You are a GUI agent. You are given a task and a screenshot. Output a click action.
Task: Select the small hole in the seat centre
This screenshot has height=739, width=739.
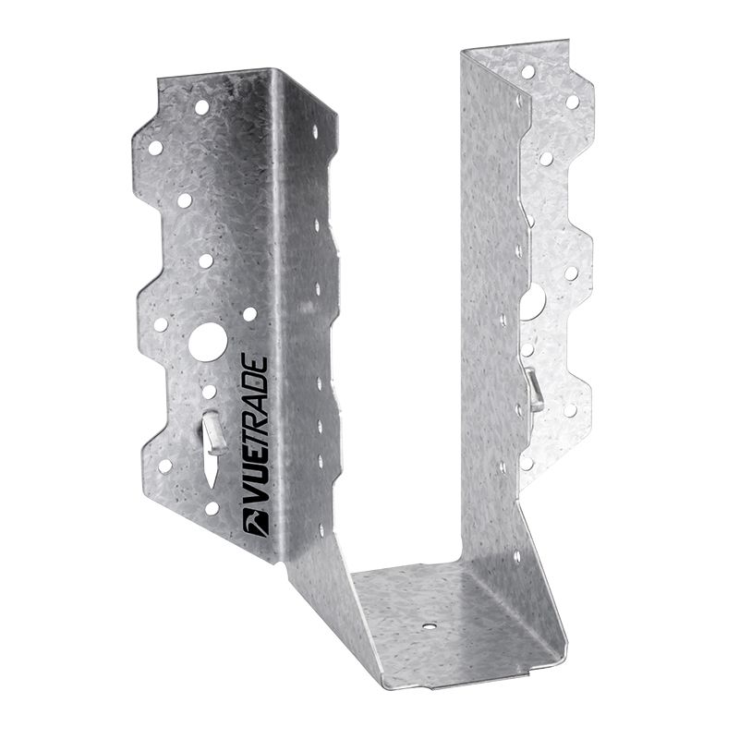tap(430, 624)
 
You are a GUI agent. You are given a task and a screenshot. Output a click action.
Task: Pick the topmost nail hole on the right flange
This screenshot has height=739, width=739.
tap(528, 70)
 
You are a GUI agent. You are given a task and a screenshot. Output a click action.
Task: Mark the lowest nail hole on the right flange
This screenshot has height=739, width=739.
tap(526, 463)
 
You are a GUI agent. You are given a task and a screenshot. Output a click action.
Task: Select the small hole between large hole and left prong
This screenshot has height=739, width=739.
tap(209, 392)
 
